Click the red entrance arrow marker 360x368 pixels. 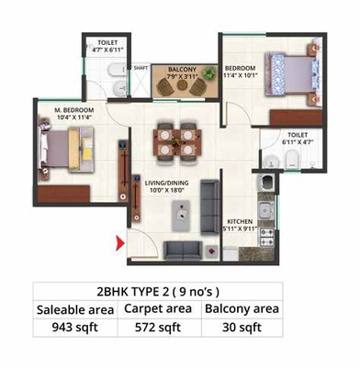tap(118, 243)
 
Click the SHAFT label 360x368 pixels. tap(141, 67)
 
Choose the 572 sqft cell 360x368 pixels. tap(163, 325)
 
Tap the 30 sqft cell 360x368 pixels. tap(242, 325)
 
